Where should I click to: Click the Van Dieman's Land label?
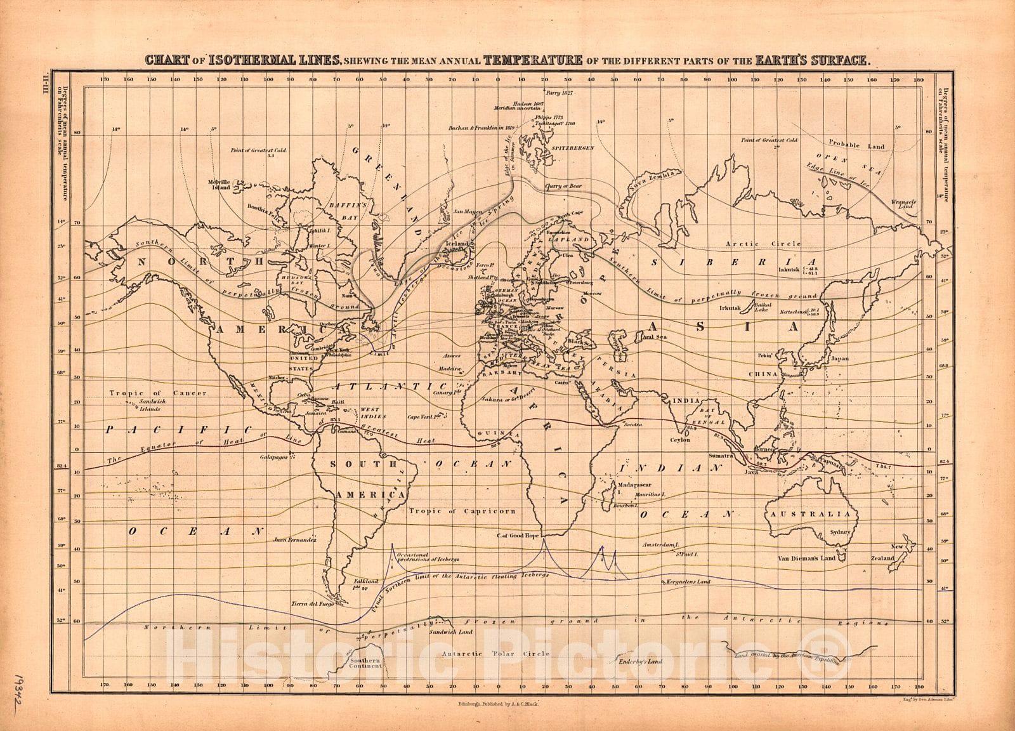(806, 558)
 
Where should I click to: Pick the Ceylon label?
(679, 439)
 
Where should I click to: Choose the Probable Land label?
(857, 145)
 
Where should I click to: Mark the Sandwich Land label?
(450, 632)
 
